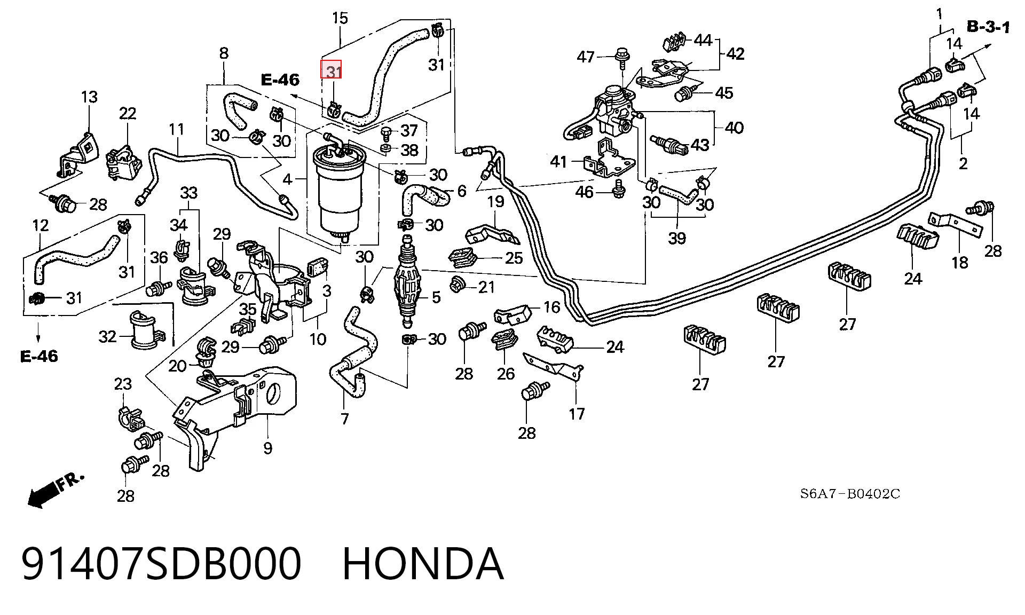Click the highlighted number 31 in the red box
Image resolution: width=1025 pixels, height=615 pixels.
tap(334, 71)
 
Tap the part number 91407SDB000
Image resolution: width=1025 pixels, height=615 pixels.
tap(161, 564)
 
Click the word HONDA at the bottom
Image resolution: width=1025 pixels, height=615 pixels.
tap(422, 564)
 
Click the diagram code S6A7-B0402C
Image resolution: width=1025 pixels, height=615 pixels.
tap(850, 494)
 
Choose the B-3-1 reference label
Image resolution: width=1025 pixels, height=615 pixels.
tap(989, 27)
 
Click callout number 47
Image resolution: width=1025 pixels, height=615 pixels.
tap(586, 57)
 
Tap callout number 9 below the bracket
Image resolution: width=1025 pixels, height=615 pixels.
tap(267, 447)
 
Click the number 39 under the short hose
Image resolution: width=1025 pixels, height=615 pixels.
tap(676, 238)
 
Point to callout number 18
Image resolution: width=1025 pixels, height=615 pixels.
tap(959, 263)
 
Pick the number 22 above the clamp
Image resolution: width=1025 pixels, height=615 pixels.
tap(128, 113)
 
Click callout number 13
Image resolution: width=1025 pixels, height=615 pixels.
tap(89, 97)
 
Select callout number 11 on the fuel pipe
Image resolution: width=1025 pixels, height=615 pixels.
tap(177, 129)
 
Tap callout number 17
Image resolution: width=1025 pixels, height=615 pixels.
tap(577, 413)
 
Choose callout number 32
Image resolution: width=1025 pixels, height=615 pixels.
tap(107, 337)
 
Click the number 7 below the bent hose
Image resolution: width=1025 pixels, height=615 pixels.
tap(344, 419)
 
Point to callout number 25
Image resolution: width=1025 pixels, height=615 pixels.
tap(514, 258)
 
